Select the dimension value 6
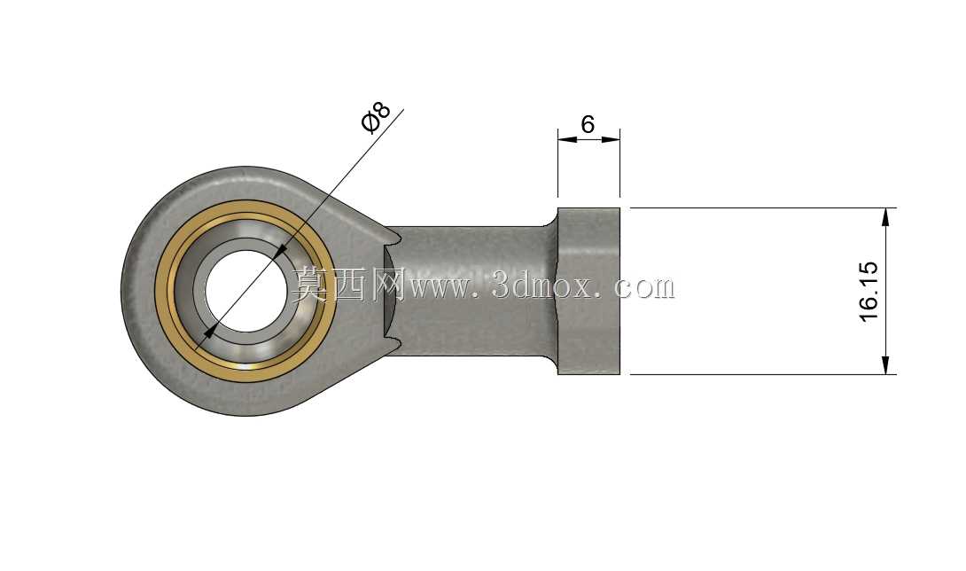pos(588,124)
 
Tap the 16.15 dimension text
pos(869,291)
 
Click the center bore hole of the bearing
pos(245,291)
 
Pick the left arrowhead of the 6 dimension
pos(567,139)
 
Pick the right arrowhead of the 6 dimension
pos(610,139)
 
